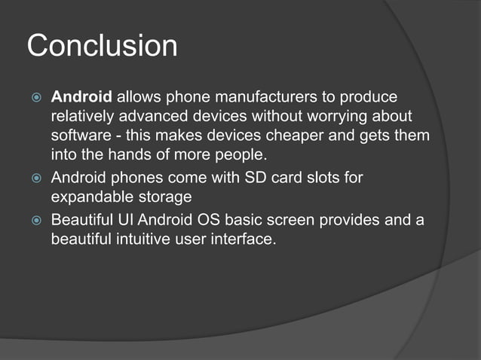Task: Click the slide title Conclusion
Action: pyautogui.click(x=103, y=46)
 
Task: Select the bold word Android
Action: pyautogui.click(x=81, y=98)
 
